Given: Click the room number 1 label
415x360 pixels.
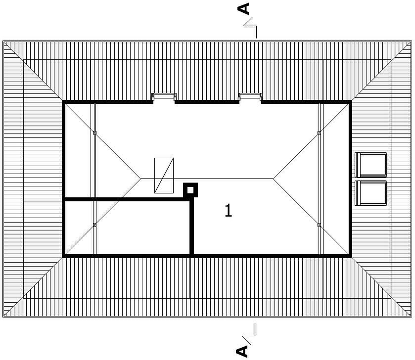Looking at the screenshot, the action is (228, 211).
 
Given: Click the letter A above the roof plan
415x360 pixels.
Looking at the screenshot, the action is (243, 8).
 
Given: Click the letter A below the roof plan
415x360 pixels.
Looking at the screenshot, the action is (242, 351).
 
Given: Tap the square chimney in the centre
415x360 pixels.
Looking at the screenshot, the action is (190, 190).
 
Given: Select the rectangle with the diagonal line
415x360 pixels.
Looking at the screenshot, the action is (164, 176).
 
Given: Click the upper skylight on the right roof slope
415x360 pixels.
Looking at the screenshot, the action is (370, 165).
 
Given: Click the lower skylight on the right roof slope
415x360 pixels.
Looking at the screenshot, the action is (370, 193).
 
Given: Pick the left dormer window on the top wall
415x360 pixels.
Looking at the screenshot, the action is (164, 96).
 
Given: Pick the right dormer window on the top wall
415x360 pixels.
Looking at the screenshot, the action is (250, 96).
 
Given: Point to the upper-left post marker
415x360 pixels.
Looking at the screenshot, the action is (94, 133).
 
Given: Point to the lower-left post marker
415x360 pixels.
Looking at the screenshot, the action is (94, 225).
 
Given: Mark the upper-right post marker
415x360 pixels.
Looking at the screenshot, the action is (319, 133).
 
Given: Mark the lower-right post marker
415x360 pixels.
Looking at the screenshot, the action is (319, 225).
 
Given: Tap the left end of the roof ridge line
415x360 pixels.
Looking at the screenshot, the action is (141, 179).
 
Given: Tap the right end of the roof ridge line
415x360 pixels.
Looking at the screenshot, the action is (273, 179).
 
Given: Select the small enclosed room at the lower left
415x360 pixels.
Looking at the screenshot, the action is (127, 227).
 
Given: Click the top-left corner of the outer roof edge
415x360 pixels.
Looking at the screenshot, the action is (3, 41).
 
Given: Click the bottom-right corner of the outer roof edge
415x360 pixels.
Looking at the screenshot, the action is (412, 317).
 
